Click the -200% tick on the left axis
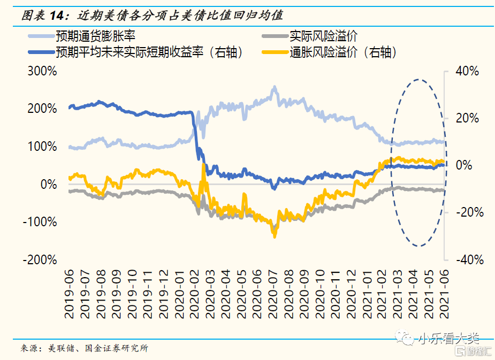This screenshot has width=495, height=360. coord(39,259)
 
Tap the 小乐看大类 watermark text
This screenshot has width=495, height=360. coord(448,339)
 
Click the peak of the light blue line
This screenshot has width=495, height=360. coord(275,87)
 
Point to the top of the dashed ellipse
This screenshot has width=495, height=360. coord(418,80)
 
